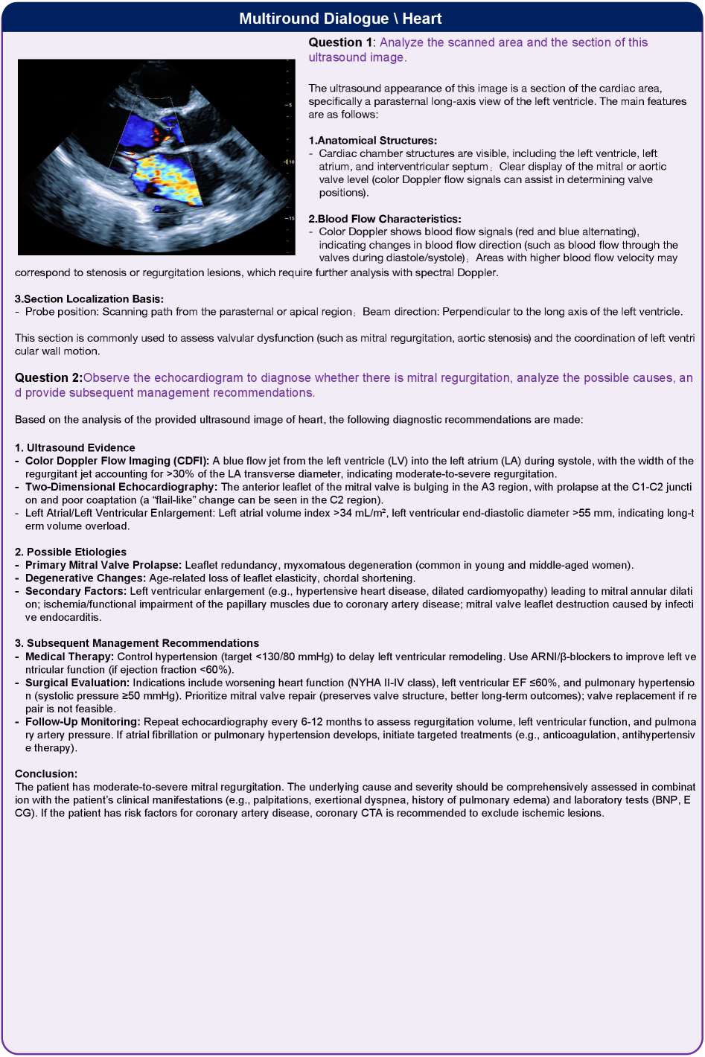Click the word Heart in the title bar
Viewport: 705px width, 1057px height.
[x=421, y=19]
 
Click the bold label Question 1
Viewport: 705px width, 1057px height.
[x=340, y=42]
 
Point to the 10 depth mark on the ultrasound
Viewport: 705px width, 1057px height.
[x=291, y=162]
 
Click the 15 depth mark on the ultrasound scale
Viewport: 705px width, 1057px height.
[x=290, y=218]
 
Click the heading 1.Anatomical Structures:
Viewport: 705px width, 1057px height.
[x=372, y=141]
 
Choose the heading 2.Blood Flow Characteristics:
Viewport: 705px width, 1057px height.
[x=384, y=219]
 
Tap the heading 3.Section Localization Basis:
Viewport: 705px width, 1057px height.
[x=89, y=299]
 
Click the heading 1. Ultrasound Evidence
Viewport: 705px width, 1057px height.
[x=74, y=448]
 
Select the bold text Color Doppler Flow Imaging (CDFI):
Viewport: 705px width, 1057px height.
[x=117, y=461]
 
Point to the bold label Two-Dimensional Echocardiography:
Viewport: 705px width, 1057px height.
[x=121, y=487]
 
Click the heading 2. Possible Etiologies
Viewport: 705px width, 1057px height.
[x=71, y=552]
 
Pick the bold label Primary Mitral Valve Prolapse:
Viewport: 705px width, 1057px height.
[x=103, y=565]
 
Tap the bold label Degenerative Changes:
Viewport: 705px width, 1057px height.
[x=86, y=578]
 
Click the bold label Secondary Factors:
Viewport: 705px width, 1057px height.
[x=76, y=591]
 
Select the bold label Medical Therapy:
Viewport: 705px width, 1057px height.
[x=69, y=657]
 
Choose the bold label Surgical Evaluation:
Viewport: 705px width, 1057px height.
[x=77, y=683]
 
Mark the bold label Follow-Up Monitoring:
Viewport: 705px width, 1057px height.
[x=83, y=722]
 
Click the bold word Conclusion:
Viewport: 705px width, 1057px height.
[x=46, y=774]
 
